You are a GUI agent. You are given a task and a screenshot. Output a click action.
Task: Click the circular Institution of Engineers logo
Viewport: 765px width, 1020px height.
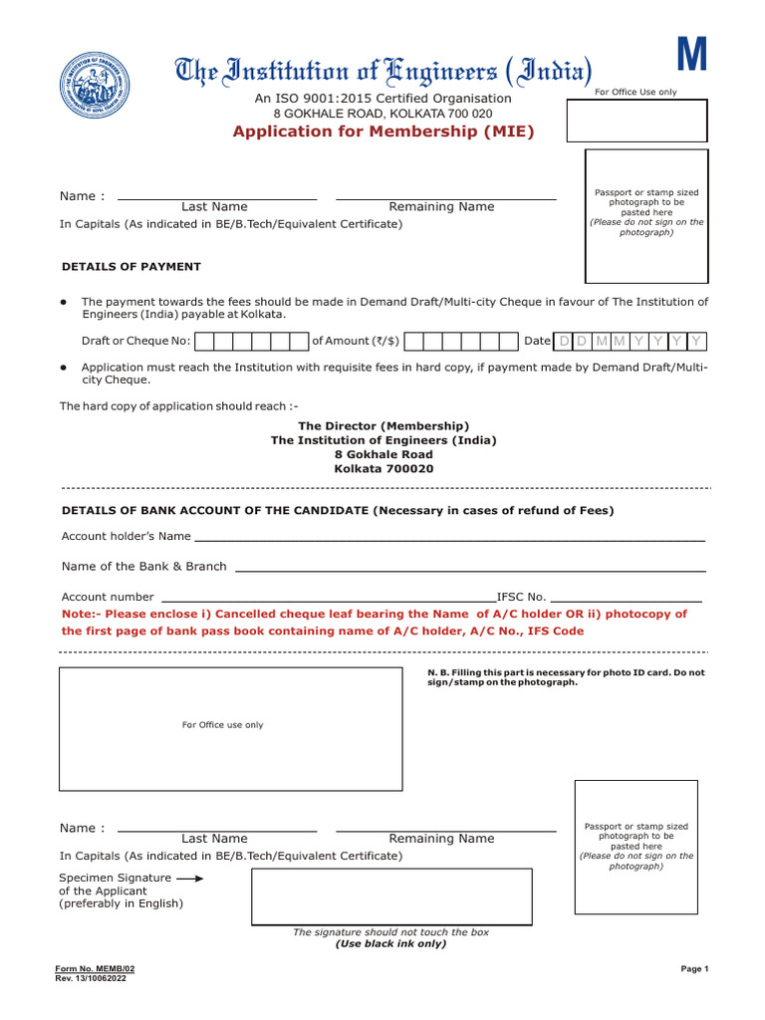click(x=96, y=85)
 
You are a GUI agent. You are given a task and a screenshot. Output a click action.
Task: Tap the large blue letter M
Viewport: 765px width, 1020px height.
click(x=692, y=55)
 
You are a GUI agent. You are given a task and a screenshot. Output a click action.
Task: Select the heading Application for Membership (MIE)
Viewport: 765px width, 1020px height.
click(x=383, y=132)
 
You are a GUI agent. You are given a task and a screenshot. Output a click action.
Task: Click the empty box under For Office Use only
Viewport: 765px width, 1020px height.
click(x=637, y=121)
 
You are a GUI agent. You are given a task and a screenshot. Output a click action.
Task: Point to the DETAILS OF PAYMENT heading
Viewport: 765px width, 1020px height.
click(x=131, y=267)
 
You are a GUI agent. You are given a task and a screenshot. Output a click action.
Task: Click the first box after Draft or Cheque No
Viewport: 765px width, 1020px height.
click(x=204, y=342)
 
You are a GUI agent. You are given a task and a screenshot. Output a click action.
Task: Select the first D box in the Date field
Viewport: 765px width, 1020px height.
click(x=564, y=342)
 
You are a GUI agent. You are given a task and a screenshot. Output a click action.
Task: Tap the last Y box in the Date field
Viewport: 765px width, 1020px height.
click(x=697, y=342)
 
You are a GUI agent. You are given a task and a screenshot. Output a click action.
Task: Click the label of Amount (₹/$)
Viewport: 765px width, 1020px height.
click(x=356, y=341)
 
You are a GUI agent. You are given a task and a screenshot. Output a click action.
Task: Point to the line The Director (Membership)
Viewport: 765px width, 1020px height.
click(x=383, y=425)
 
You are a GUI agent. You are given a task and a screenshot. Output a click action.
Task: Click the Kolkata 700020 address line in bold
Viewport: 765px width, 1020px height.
click(x=383, y=468)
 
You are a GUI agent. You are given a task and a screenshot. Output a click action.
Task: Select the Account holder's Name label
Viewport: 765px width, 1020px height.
click(x=127, y=536)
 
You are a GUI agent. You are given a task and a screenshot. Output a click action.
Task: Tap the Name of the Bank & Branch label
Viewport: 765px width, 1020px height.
click(x=144, y=566)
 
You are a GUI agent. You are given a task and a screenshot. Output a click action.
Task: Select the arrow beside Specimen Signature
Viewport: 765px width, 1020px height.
click(x=189, y=879)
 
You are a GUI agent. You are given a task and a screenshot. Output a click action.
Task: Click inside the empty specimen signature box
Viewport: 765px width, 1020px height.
click(x=390, y=896)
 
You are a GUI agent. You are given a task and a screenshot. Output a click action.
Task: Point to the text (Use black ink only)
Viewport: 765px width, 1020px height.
click(x=390, y=943)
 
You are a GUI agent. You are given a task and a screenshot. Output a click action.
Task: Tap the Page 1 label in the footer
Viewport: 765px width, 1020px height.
click(x=694, y=968)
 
